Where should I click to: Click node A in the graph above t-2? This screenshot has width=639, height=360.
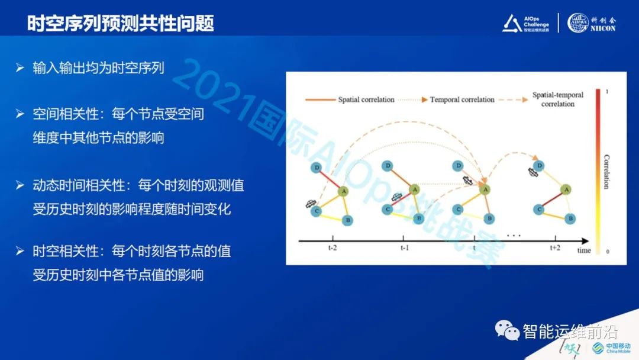coord(343,191)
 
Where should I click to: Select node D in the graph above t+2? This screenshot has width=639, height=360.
coord(537,165)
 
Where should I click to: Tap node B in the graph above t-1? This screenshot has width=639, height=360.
coord(419,218)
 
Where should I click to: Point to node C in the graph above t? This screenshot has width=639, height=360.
coord(458,209)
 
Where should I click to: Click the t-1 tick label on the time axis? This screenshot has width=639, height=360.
coord(405,248)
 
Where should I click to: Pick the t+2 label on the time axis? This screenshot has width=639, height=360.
coord(554,248)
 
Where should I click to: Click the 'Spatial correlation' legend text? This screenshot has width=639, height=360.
coord(366,99)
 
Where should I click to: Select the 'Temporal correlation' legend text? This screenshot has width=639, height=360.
coord(462,99)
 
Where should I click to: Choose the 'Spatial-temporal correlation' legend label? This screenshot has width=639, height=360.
coord(557,99)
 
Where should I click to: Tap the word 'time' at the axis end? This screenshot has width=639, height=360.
coord(584,250)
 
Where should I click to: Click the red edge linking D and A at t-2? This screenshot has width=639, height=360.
coord(330,179)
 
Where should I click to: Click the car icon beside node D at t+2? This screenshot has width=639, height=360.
coord(534,172)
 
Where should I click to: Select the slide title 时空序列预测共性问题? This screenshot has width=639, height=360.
coord(121,23)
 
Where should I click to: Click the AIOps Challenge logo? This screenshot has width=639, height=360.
coord(526,22)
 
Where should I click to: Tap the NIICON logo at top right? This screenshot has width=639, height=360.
coord(592,22)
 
